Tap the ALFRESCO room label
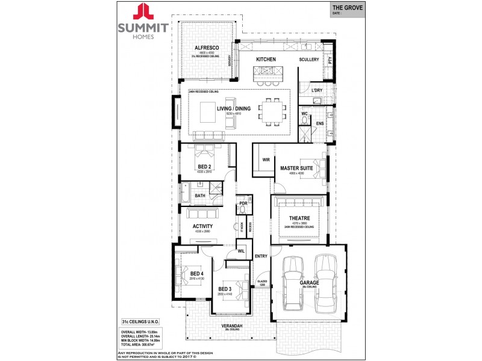click(x=205, y=48)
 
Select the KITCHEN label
click(x=266, y=60)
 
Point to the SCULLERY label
click(x=309, y=60)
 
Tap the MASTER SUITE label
click(x=296, y=168)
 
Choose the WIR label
click(x=265, y=159)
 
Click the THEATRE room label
click(x=299, y=218)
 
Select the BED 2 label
click(x=205, y=166)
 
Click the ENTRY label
click(x=261, y=256)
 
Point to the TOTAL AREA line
click(x=142, y=344)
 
